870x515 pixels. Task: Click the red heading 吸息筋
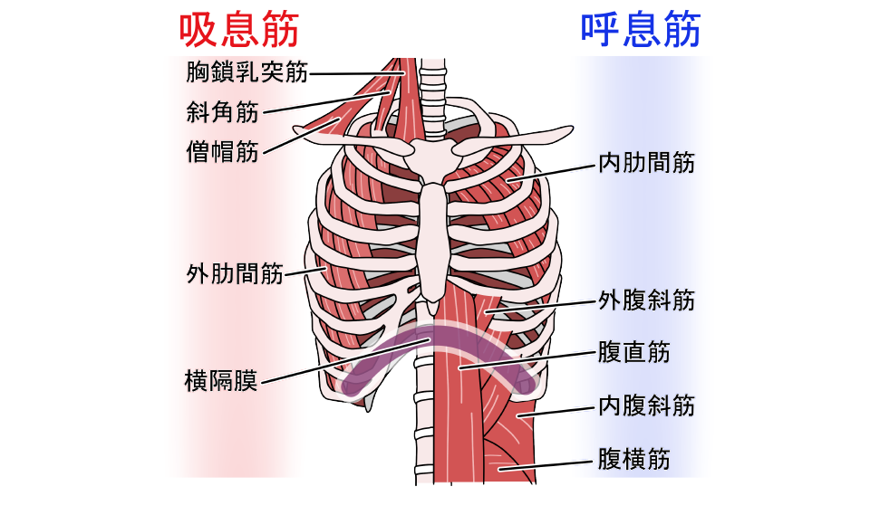pyautogui.click(x=239, y=29)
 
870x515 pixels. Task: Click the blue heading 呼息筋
pyautogui.click(x=640, y=29)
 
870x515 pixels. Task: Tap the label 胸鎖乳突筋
pyautogui.click(x=246, y=72)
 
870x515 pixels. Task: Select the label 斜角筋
pyautogui.click(x=222, y=112)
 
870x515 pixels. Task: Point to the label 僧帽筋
pyautogui.click(x=222, y=150)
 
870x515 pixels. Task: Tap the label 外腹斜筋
pyautogui.click(x=646, y=300)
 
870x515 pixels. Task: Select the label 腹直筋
pyautogui.click(x=633, y=351)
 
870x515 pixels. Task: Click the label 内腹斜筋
pyautogui.click(x=646, y=405)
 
